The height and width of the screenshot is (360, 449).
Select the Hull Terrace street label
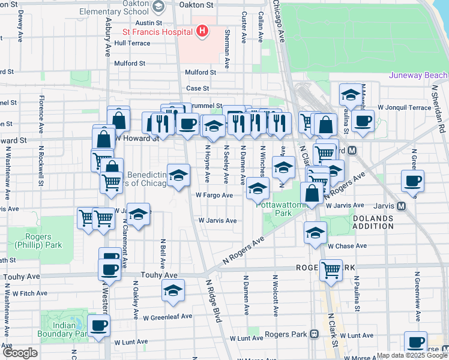(x=132, y=43)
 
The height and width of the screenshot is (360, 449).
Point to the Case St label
(x=197, y=88)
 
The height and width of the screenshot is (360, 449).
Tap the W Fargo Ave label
(x=214, y=195)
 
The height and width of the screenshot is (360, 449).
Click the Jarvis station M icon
(x=402, y=206)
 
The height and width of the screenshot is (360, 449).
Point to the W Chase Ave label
(x=347, y=246)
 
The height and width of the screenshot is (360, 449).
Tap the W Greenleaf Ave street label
(x=167, y=316)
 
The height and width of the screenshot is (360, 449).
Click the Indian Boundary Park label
(x=65, y=329)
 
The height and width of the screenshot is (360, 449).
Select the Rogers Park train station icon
(x=314, y=334)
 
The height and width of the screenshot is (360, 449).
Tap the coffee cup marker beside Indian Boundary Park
(x=98, y=326)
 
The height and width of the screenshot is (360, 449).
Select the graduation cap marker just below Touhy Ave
(x=173, y=291)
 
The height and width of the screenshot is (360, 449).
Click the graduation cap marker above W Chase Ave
(x=315, y=233)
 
